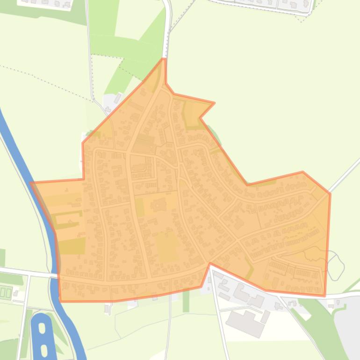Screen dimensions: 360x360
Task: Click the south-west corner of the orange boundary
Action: [x=60, y=301]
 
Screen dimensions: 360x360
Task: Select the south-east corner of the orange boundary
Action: [x=324, y=295]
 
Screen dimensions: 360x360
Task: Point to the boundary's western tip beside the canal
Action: [x=31, y=183]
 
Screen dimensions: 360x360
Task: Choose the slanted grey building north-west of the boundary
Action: [x=117, y=98]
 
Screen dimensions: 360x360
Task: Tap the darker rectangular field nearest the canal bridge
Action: [x=72, y=245]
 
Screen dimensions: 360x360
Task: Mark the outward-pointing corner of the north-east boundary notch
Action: [x=214, y=103]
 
